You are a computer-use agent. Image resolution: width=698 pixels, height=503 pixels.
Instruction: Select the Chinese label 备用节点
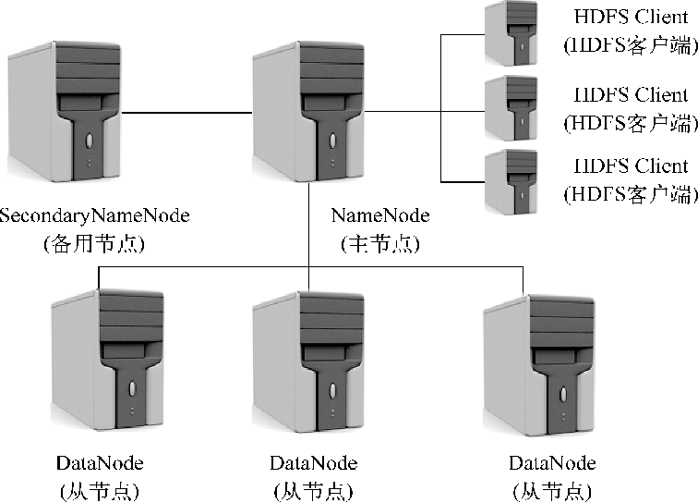pos(95,244)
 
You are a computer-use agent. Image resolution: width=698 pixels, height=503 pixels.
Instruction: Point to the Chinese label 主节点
pos(380,244)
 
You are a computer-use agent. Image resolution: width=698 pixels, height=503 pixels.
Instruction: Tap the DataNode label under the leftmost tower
pos(100,462)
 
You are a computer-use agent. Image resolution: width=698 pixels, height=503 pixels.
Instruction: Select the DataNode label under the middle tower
pos(314,462)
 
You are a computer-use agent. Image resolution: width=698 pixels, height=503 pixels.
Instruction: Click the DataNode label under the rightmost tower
pos(552,462)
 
